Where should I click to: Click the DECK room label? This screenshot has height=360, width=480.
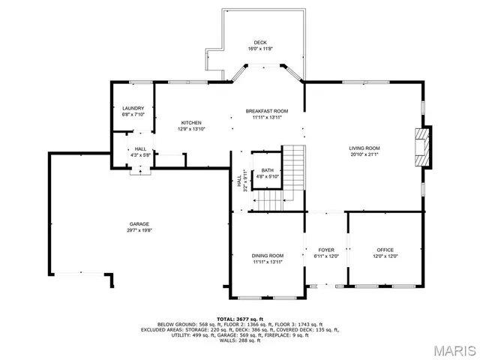click(x=259, y=42)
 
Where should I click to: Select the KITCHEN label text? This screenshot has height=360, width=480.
click(x=191, y=123)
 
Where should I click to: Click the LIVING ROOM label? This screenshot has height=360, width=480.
click(x=364, y=148)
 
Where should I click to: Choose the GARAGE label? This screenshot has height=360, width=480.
click(x=139, y=224)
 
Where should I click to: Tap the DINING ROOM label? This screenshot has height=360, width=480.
click(x=267, y=256)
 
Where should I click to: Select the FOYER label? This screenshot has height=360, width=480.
click(x=325, y=250)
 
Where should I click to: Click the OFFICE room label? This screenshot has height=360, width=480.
click(x=385, y=250)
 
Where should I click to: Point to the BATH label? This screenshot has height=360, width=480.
click(x=267, y=170)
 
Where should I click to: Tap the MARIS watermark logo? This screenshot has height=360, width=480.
click(x=449, y=349)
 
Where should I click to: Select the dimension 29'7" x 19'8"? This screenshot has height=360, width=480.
click(x=139, y=231)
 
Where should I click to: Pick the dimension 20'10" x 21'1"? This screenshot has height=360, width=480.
click(x=364, y=155)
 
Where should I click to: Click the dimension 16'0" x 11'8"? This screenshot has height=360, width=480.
click(x=259, y=49)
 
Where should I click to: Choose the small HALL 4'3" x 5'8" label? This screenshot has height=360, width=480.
click(x=140, y=152)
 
